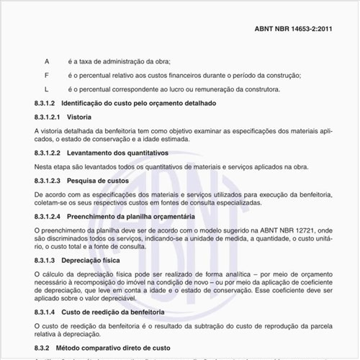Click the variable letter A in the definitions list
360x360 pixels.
click(47, 62)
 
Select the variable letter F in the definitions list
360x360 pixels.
click(47, 76)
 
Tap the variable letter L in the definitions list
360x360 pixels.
click(47, 89)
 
